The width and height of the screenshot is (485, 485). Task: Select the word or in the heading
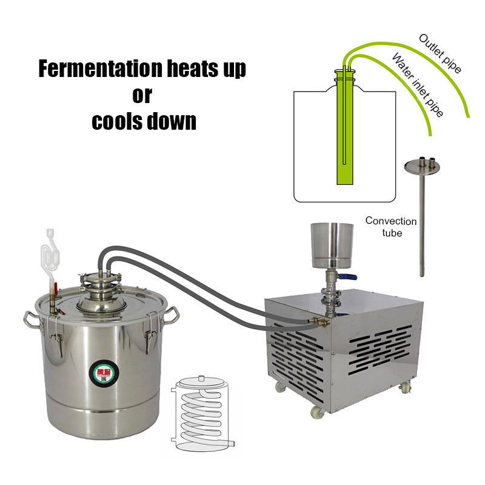click(142, 95)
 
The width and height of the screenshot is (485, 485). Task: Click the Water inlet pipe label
click(418, 85)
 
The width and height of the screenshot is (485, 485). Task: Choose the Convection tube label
click(390, 227)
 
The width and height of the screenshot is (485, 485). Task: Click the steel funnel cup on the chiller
click(331, 245)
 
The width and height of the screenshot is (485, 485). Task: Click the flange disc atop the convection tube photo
click(422, 166)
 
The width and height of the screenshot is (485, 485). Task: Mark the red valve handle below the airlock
click(53, 287)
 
